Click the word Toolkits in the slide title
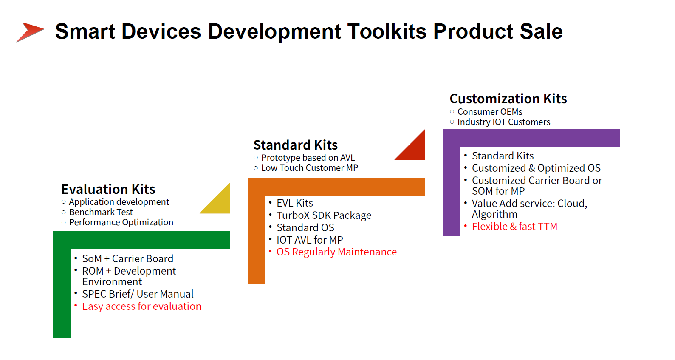coord(387,31)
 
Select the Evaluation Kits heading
coord(108,189)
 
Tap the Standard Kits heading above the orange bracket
coord(295,145)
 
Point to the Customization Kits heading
coord(508,99)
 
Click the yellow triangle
coord(220,202)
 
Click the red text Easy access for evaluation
coord(141,306)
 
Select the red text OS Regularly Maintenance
coord(336,252)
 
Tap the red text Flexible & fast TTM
coord(515,227)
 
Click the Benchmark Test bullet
coord(101,212)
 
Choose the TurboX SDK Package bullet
coord(324,215)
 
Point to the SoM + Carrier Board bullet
coord(128,259)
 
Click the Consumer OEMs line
coord(490,112)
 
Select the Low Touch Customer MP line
coord(310,168)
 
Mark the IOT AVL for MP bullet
coord(310,240)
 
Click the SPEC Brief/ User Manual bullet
coord(138,294)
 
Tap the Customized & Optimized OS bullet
coord(536,168)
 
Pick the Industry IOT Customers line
coord(504,122)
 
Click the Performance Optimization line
coord(121,223)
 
